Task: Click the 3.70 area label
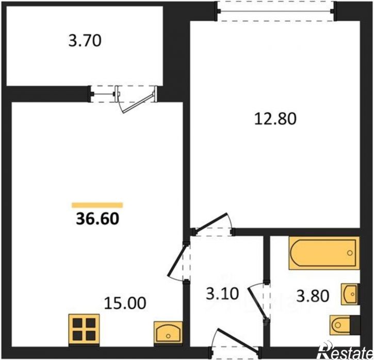point(85,41)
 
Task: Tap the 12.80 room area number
point(275,119)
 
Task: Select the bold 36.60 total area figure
point(97,219)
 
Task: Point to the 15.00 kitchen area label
point(125,303)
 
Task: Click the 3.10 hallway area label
point(222,293)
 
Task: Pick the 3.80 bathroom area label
point(313,296)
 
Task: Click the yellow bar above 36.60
point(97,205)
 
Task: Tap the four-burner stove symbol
point(84,330)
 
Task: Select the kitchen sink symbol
point(168,332)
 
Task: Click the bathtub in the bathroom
point(324,253)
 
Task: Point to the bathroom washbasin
point(350,294)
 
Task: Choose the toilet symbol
point(344,325)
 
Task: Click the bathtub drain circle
point(350,253)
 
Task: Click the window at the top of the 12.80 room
point(277,11)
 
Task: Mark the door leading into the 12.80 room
point(210,222)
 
